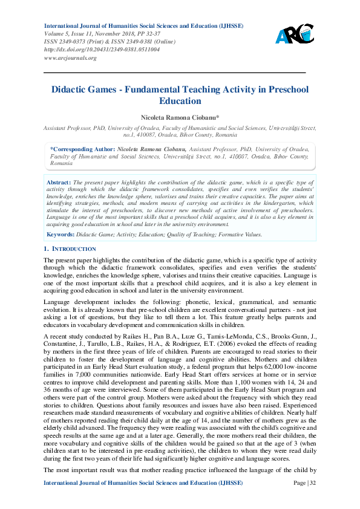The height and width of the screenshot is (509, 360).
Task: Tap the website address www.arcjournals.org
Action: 70,58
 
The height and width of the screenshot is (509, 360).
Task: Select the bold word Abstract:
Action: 59,182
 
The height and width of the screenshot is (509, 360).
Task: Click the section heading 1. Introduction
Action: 70,248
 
